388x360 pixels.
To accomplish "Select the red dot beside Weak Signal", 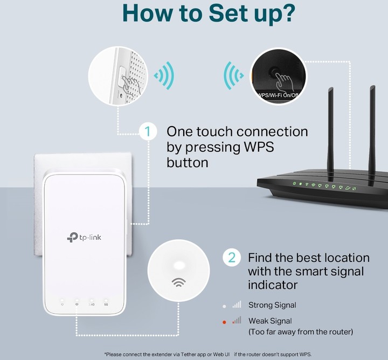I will click(x=224, y=321).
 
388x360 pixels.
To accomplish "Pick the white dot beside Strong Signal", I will click(x=224, y=305).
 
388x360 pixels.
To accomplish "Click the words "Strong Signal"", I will click(x=272, y=305).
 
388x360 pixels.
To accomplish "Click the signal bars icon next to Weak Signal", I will click(x=237, y=321).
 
